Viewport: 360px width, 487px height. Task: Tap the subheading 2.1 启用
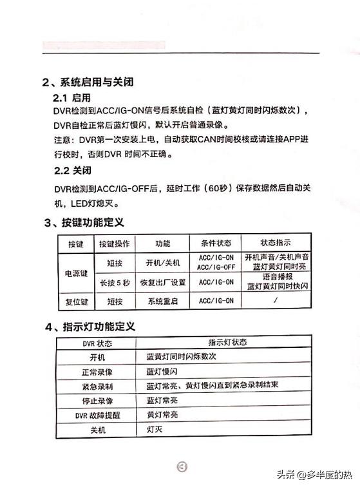(x=72, y=97)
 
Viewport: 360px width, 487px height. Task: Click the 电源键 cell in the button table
(x=77, y=272)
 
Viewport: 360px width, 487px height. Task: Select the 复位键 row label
(x=77, y=301)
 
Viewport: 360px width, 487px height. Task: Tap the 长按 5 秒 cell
(x=115, y=282)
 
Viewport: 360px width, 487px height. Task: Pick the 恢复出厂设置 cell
(x=163, y=282)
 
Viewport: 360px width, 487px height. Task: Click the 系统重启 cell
(x=163, y=301)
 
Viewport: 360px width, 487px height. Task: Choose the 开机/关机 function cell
(x=163, y=263)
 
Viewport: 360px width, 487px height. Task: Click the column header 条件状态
(x=215, y=243)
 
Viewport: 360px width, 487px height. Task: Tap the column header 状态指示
(x=276, y=243)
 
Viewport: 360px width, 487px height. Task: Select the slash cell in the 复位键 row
(x=276, y=301)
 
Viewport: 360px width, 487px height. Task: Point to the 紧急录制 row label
(x=97, y=386)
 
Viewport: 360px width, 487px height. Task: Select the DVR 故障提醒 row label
(x=97, y=415)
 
